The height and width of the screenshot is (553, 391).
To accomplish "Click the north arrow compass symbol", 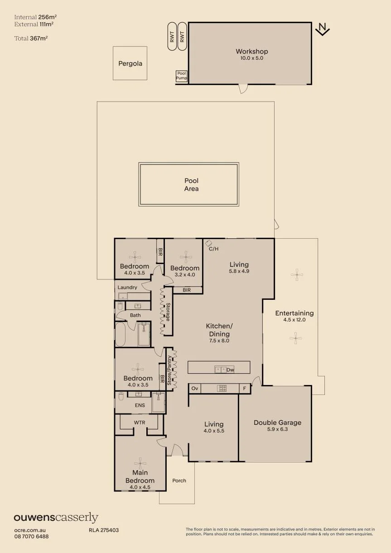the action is click(323, 29).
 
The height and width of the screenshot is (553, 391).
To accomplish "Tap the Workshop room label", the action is click(252, 51).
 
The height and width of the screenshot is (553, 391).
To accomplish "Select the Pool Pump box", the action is click(182, 76).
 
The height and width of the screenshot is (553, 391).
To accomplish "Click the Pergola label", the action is click(130, 64).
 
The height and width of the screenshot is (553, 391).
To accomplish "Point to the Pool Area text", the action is click(192, 185).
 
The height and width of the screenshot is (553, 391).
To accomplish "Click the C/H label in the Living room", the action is click(214, 249).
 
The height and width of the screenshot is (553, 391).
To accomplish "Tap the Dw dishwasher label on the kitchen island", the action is click(230, 370).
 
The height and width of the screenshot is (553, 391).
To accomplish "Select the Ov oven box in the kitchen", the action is click(195, 388).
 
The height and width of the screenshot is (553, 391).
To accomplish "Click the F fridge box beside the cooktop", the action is click(245, 388).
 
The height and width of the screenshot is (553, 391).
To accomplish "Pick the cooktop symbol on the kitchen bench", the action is click(222, 388).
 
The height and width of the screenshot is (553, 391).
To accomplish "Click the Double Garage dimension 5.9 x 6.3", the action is click(277, 429).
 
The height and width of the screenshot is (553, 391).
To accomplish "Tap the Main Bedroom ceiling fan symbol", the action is click(140, 463).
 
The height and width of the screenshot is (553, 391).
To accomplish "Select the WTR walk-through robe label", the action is click(140, 423).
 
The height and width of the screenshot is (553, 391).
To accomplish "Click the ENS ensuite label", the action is click(140, 405).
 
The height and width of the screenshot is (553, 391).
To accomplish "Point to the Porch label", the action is click(179, 481).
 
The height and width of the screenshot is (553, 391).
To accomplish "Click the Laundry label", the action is click(127, 287).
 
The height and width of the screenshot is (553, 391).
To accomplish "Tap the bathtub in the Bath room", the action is click(120, 334).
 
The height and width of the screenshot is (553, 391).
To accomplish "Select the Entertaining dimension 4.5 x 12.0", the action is click(294, 320).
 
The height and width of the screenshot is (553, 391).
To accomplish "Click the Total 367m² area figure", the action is click(31, 38).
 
